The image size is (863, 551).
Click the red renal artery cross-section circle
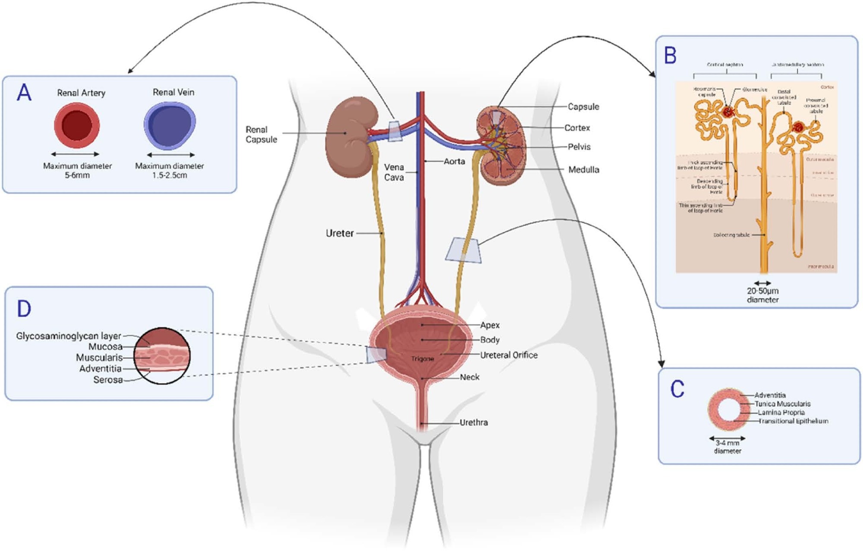pyautogui.click(x=77, y=126)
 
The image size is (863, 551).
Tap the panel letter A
pyautogui.click(x=24, y=93)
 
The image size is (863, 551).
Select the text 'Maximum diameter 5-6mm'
pyautogui.click(x=77, y=171)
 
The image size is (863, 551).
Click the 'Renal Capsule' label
pyautogui.click(x=261, y=134)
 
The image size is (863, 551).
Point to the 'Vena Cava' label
pyautogui.click(x=394, y=172)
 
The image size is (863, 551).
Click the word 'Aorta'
pyautogui.click(x=454, y=161)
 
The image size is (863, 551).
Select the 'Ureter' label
pyautogui.click(x=340, y=233)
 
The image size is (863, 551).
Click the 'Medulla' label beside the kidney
pyautogui.click(x=583, y=170)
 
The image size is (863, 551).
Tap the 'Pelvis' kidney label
pyautogui.click(x=579, y=147)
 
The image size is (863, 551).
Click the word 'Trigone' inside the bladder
pyautogui.click(x=422, y=359)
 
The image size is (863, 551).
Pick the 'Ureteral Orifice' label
pyautogui.click(x=509, y=355)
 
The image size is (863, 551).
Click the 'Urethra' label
pyautogui.click(x=473, y=422)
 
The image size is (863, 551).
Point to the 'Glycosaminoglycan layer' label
pyautogui.click(x=69, y=336)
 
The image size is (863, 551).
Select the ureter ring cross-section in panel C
pyautogui.click(x=728, y=410)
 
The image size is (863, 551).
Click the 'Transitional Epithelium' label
pyautogui.click(x=793, y=421)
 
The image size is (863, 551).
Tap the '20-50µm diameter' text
pyautogui.click(x=762, y=295)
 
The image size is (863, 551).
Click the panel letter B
pyautogui.click(x=670, y=55)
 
